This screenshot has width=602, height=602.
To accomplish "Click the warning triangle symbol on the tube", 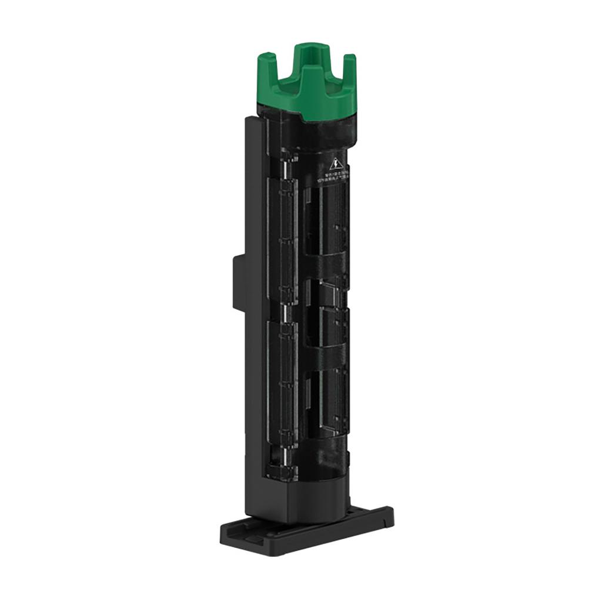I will point(335,164).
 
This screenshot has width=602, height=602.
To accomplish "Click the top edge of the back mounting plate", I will point(252,119).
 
